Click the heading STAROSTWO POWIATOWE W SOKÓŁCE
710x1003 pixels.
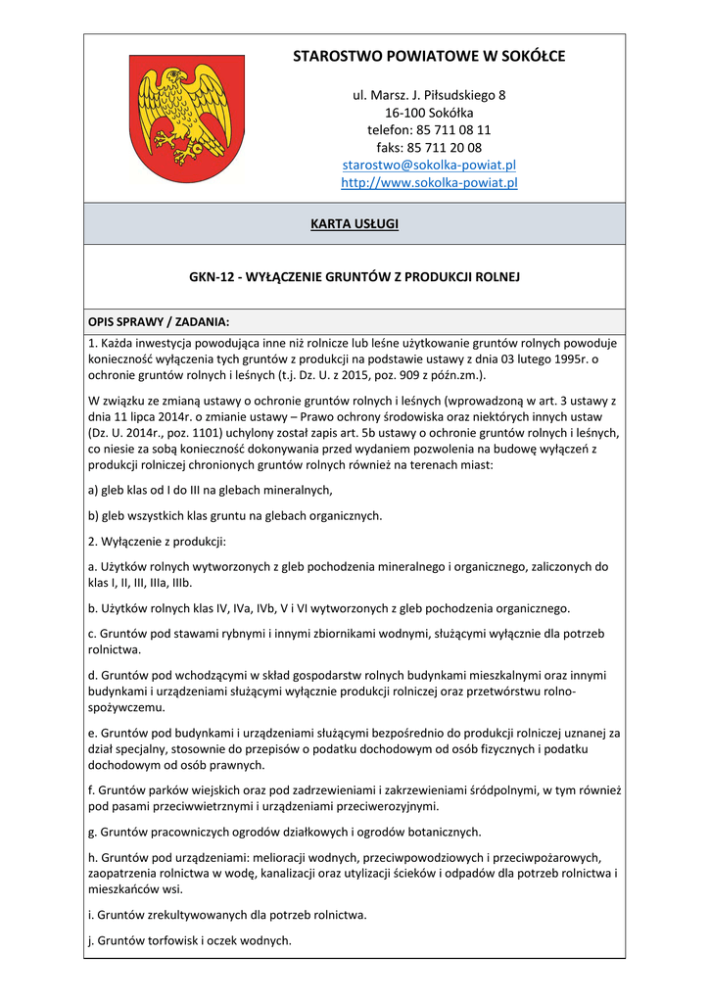(x=429, y=57)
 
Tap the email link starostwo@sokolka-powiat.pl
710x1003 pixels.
(x=429, y=165)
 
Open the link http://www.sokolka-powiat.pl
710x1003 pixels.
(x=429, y=182)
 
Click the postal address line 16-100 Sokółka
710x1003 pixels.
(x=429, y=113)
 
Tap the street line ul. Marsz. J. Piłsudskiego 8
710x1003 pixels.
(x=429, y=95)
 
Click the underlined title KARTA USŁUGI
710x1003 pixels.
(x=355, y=224)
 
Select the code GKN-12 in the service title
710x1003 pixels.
(x=211, y=277)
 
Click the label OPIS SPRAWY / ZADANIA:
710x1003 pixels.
(x=159, y=321)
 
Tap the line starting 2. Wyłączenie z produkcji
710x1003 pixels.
(x=157, y=541)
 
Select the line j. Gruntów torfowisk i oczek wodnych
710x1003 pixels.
(x=189, y=939)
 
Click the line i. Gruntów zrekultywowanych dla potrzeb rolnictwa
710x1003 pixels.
(x=227, y=914)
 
